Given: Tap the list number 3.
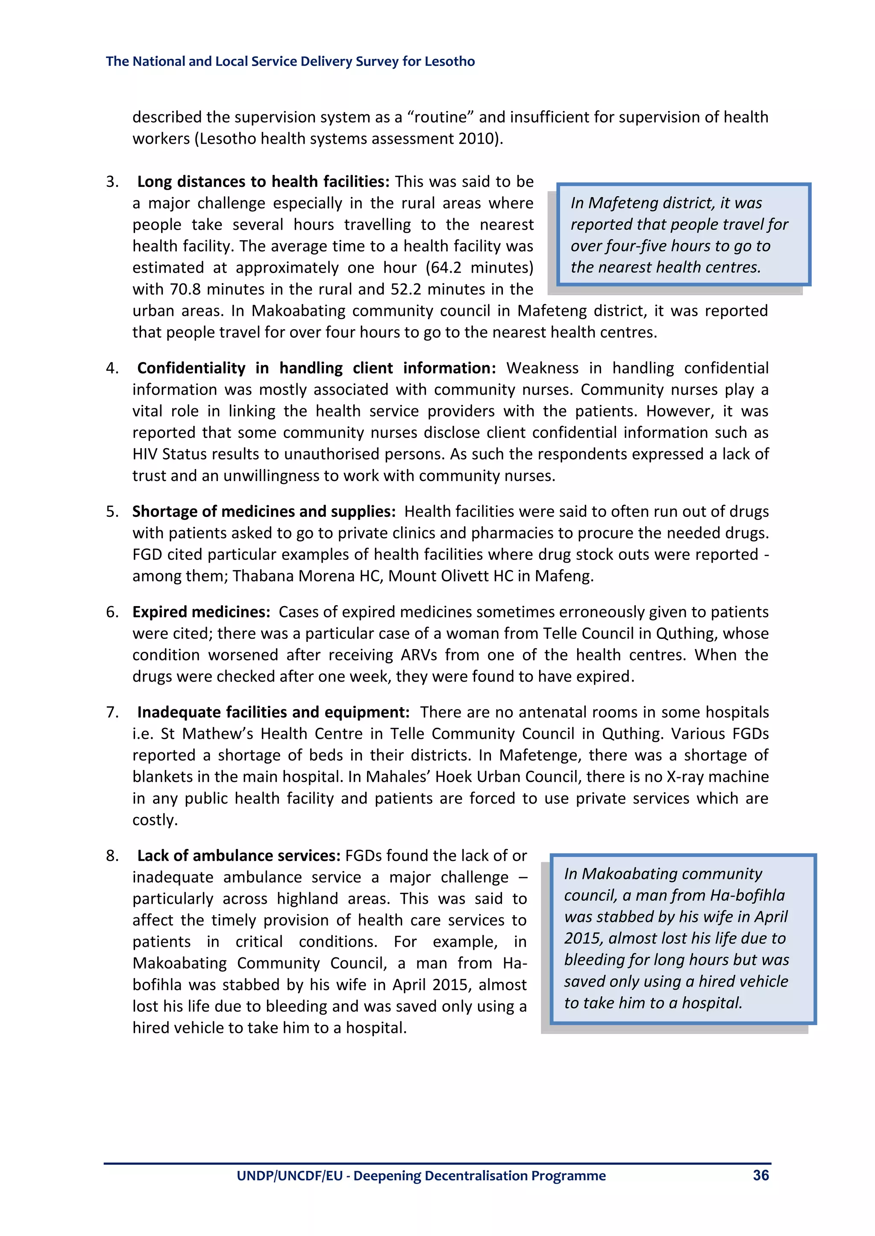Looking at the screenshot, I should pyautogui.click(x=112, y=182).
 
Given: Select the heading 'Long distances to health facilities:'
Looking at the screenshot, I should pyautogui.click(x=263, y=182).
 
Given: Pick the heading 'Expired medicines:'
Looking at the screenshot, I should pyautogui.click(x=201, y=612).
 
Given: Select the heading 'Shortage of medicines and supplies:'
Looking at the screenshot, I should pyautogui.click(x=264, y=511).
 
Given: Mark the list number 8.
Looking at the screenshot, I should pyautogui.click(x=112, y=856).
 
